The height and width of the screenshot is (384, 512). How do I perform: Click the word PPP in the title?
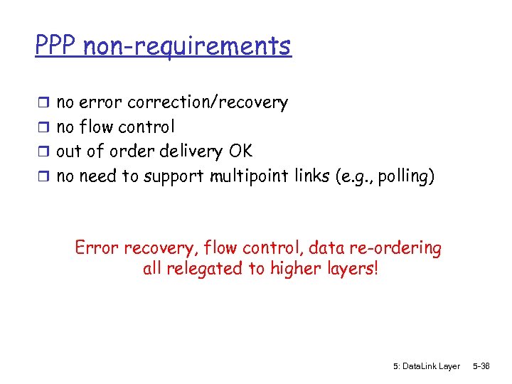(x=56, y=46)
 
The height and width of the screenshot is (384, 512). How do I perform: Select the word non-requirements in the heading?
(x=187, y=46)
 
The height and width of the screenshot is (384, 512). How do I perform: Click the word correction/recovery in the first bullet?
(x=207, y=103)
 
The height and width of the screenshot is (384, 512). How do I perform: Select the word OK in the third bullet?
(x=240, y=151)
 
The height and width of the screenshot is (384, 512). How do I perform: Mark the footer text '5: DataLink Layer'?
(x=426, y=366)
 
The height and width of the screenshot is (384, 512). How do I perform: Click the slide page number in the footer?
(x=481, y=366)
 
